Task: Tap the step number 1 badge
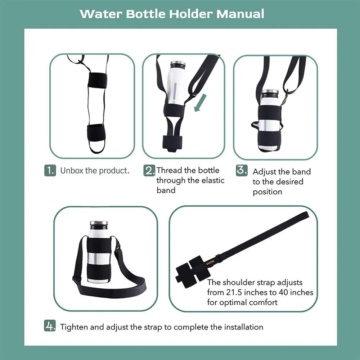[50, 170]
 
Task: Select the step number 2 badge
[149, 170]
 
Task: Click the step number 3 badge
[242, 170]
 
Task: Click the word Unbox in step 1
[72, 170]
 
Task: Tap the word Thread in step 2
[169, 170]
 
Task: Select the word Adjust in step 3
[264, 172]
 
